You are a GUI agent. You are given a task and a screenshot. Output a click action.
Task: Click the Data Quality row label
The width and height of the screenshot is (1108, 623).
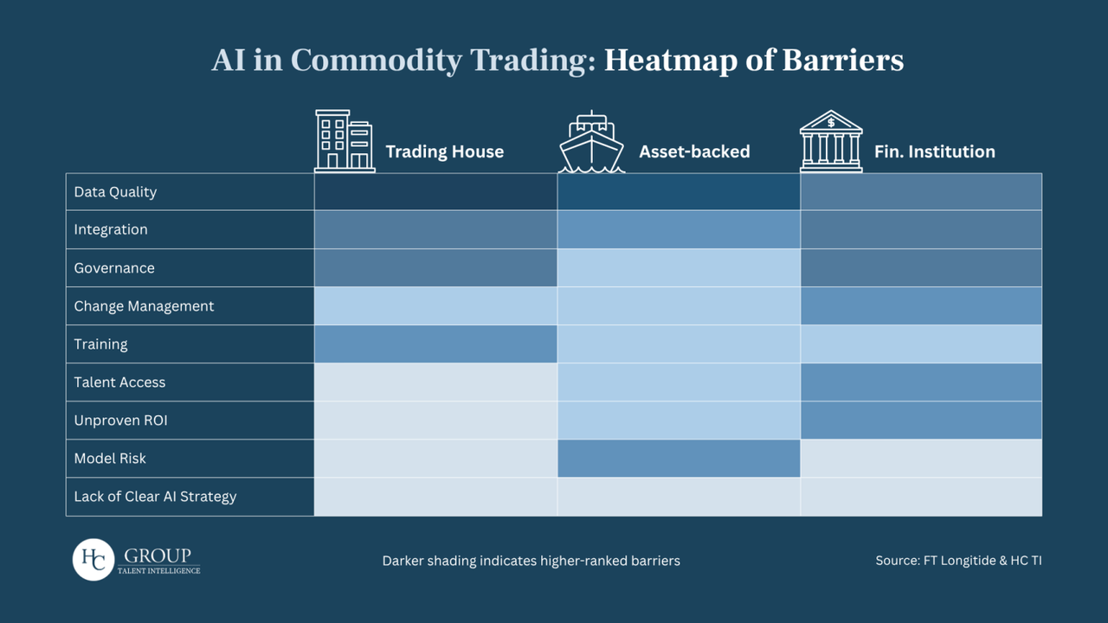[x=115, y=192]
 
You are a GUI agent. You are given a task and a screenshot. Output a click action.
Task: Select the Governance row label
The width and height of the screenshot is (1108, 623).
[x=114, y=268]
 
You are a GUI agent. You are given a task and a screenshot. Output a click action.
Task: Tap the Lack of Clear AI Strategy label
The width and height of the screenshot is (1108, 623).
[x=155, y=497]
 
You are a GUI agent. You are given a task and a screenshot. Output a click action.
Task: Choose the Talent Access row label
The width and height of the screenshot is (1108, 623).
[x=119, y=382]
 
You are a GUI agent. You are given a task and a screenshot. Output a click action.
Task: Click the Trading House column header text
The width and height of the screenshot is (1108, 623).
[x=444, y=152]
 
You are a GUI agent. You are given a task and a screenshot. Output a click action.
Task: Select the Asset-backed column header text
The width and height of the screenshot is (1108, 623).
[x=694, y=152]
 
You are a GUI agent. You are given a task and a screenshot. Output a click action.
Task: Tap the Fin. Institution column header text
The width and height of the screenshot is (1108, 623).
[x=934, y=152]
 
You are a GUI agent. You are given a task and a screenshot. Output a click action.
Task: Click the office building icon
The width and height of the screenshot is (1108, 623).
[x=344, y=141]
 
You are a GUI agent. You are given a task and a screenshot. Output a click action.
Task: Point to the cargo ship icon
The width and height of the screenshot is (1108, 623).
[x=591, y=143]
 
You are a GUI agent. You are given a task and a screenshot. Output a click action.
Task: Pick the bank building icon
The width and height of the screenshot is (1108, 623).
[x=831, y=141]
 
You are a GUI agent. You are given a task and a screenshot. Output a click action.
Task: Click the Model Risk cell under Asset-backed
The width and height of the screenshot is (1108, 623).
[x=679, y=459]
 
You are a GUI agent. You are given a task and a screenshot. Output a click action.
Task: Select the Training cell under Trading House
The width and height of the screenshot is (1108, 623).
[x=435, y=344]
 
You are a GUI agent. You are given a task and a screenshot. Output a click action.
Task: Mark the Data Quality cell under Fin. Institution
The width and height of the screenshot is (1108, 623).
[x=921, y=192]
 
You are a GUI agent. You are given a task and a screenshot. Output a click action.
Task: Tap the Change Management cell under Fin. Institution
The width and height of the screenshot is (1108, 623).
[x=921, y=306]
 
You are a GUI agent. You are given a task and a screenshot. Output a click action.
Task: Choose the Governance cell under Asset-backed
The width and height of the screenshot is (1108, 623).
[x=679, y=268]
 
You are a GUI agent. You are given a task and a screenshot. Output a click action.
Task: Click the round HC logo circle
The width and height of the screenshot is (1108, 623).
[x=93, y=560]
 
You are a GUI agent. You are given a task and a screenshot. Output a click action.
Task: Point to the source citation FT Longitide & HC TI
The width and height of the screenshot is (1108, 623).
[x=958, y=561]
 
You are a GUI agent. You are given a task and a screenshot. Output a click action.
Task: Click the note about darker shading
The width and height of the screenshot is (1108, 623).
[x=531, y=561]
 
